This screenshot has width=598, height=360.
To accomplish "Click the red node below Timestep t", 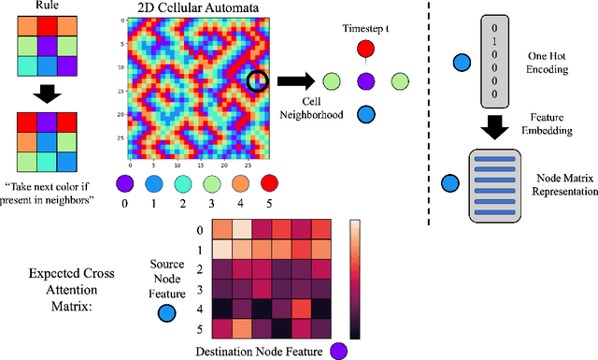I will (366, 50).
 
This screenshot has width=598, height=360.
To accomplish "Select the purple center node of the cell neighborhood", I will (366, 81).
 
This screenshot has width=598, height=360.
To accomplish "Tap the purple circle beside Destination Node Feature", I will (336, 351).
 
